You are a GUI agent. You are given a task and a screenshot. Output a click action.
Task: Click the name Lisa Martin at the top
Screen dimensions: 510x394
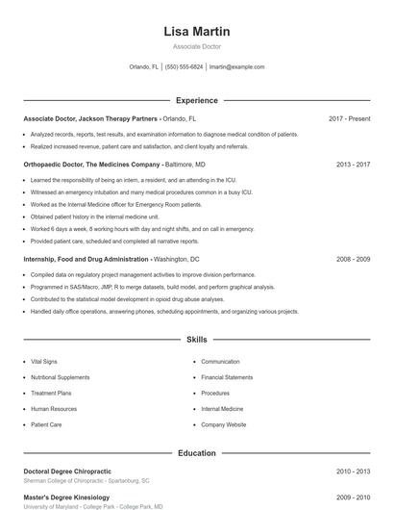point(197,32)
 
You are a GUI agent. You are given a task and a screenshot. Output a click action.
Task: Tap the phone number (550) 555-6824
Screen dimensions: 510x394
point(184,67)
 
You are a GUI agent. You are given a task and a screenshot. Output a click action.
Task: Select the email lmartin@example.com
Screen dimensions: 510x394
point(236,67)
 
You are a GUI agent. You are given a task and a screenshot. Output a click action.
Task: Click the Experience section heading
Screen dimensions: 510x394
point(197,100)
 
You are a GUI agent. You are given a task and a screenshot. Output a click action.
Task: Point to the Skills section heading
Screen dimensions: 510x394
point(197,340)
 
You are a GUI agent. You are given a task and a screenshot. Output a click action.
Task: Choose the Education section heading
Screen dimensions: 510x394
point(197,451)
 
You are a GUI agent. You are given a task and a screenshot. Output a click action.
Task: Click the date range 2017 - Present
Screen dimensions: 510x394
point(349,118)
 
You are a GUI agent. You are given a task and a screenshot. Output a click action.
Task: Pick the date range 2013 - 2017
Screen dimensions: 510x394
point(353,165)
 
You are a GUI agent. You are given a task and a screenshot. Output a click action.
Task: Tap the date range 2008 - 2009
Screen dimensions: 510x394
point(353,260)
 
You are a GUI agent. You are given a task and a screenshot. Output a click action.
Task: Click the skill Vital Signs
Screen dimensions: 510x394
point(43,362)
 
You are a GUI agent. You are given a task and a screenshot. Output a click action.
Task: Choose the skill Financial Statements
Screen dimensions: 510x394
point(227,377)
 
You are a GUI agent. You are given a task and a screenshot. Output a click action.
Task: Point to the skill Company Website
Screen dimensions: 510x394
point(224,424)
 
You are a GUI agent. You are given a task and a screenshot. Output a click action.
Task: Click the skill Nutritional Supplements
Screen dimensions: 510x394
point(60,377)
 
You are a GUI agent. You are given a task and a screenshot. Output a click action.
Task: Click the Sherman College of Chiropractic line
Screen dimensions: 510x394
point(86,480)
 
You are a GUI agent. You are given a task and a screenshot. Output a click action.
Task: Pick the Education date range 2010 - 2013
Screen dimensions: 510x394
point(353,471)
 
